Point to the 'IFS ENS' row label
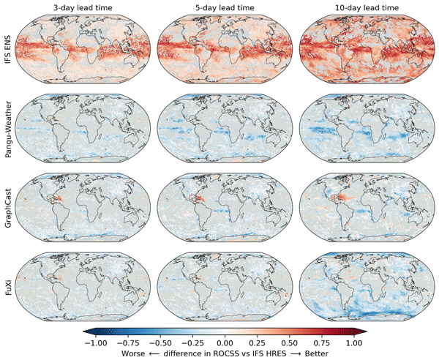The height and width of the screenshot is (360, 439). pos(7,45)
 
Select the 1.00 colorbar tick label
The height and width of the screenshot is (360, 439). pos(354,341)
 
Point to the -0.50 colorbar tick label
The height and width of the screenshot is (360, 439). pos(159,341)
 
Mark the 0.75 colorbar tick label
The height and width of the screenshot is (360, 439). pos(322,341)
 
